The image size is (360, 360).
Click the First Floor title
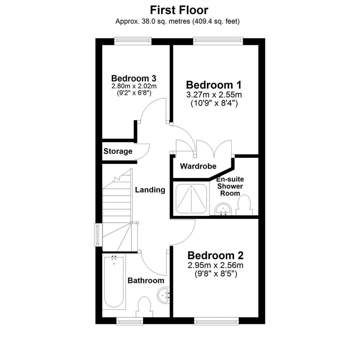point(179,10)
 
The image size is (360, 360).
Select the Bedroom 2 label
point(215,256)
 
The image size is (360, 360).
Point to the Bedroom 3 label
point(134,79)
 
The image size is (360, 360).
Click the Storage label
point(118,151)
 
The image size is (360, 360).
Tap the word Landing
point(150,190)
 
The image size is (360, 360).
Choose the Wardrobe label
point(198,166)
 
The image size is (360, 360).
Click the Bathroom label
point(146,281)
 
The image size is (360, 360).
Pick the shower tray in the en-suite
point(191,199)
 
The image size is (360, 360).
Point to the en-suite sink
point(223,210)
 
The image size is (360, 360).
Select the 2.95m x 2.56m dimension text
point(215,266)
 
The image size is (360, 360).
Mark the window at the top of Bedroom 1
point(218,41)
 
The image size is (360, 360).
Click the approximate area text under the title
point(178,22)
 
